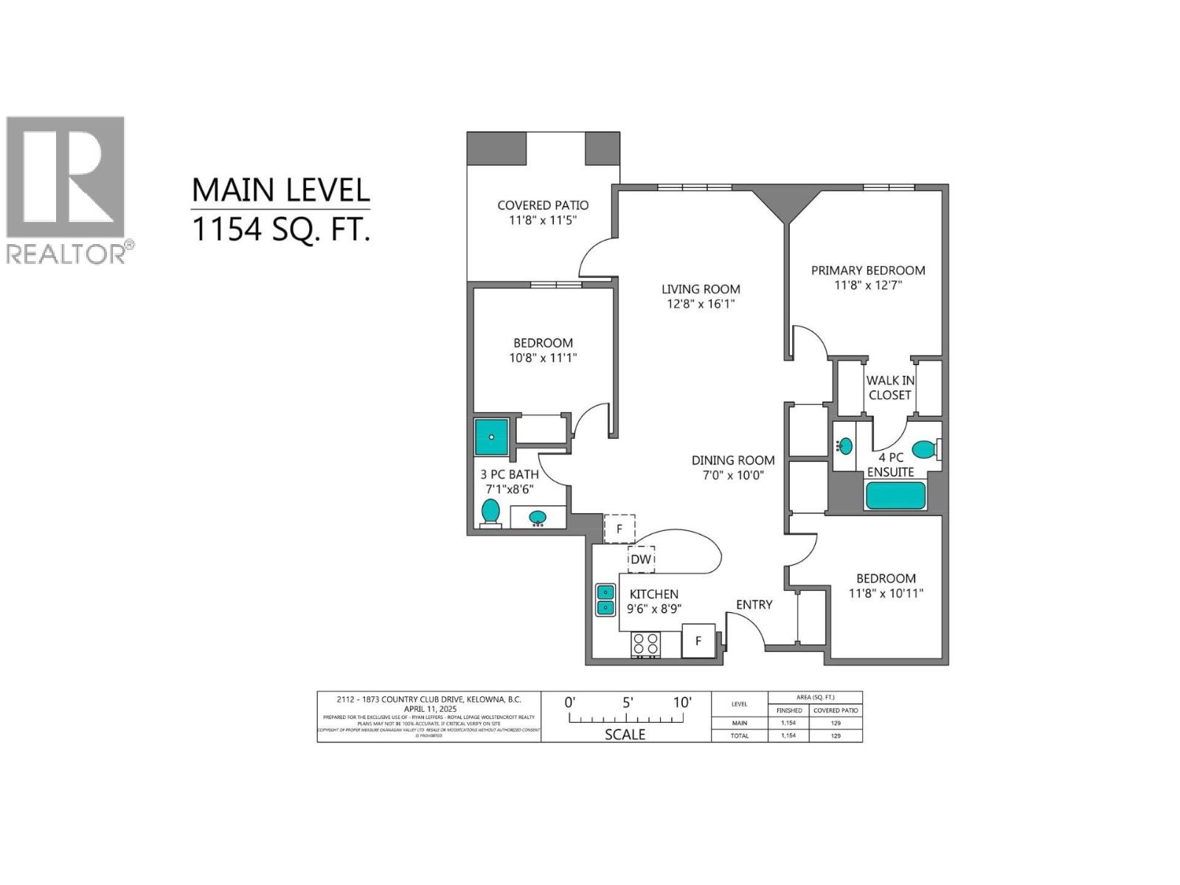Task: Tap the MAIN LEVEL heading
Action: tap(280, 190)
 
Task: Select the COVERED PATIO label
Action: tap(543, 205)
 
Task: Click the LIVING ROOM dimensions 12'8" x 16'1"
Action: tap(698, 304)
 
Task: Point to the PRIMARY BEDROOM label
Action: tap(868, 270)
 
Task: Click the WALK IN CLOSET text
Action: tap(890, 387)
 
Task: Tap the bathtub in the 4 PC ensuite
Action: tap(895, 496)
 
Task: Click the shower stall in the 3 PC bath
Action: tap(491, 437)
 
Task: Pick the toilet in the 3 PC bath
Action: tap(490, 511)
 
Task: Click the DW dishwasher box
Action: tap(641, 559)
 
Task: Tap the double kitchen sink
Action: tap(605, 600)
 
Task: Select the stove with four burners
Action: tap(646, 645)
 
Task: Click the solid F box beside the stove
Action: tap(698, 641)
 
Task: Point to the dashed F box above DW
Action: tap(619, 529)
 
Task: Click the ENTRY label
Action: tap(754, 605)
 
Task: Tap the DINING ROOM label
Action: tap(733, 460)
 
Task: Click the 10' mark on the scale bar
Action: tap(682, 703)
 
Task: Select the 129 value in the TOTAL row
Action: tap(836, 735)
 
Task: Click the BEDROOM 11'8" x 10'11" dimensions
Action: tap(886, 593)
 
